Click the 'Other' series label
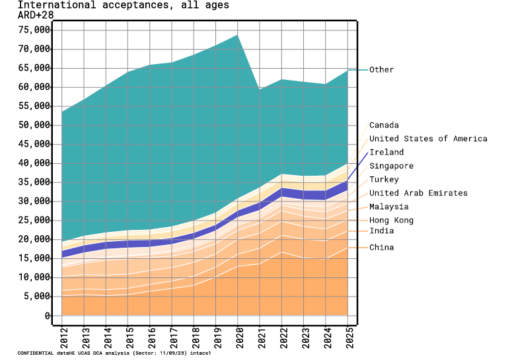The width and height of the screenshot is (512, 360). click(x=381, y=70)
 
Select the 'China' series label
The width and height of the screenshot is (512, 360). click(x=381, y=248)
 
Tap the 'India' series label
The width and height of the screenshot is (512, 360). click(x=381, y=231)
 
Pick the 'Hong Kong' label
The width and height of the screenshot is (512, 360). click(x=390, y=221)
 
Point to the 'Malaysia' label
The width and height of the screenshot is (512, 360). click(x=388, y=207)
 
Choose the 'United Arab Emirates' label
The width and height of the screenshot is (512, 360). click(x=418, y=194)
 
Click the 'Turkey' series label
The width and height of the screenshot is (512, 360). click(x=384, y=180)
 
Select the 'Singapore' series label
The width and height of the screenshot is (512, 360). click(x=391, y=166)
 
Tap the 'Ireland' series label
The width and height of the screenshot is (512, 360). click(x=386, y=153)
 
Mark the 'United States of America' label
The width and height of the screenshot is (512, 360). click(x=428, y=139)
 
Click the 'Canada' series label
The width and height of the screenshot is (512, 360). click(x=384, y=126)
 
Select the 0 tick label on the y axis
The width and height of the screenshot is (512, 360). click(x=48, y=316)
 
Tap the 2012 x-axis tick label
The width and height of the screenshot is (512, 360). click(x=61, y=340)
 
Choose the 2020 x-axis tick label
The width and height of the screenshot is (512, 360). click(x=238, y=340)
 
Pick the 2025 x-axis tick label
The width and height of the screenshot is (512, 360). click(x=347, y=340)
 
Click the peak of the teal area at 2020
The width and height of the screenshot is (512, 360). click(x=238, y=35)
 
